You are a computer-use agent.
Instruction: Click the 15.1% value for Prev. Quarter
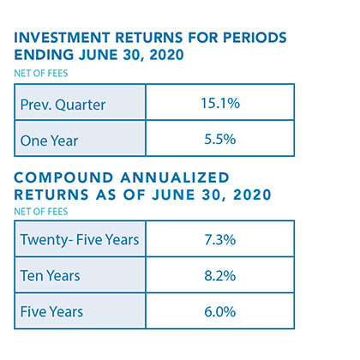[x=220, y=103]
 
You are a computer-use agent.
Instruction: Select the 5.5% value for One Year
[x=220, y=140]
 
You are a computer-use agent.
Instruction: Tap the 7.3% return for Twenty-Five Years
[x=220, y=240]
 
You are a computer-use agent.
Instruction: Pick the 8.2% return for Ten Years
[x=220, y=276]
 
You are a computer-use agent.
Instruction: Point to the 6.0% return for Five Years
[x=220, y=312]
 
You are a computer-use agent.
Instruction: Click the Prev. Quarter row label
[x=63, y=105]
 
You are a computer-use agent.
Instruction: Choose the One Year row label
[x=49, y=141]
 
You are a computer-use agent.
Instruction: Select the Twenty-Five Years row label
[x=80, y=240]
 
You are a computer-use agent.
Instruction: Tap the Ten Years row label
[x=51, y=276]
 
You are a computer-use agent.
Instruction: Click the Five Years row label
[x=51, y=312]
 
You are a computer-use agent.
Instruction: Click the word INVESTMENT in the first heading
[x=62, y=38]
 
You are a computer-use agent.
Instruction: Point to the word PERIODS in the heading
[x=255, y=38]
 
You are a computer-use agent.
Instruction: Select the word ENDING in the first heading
[x=44, y=55]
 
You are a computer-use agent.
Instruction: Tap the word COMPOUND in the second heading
[x=63, y=177]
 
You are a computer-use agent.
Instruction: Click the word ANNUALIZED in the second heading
[x=175, y=177]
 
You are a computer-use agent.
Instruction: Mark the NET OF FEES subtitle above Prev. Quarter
[x=41, y=74]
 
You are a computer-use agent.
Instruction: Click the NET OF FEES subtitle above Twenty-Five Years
[x=41, y=212]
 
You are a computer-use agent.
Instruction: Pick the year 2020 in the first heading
[x=166, y=55]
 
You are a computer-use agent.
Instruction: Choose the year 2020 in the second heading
[x=252, y=195]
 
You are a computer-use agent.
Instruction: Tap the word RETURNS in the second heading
[x=51, y=195]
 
